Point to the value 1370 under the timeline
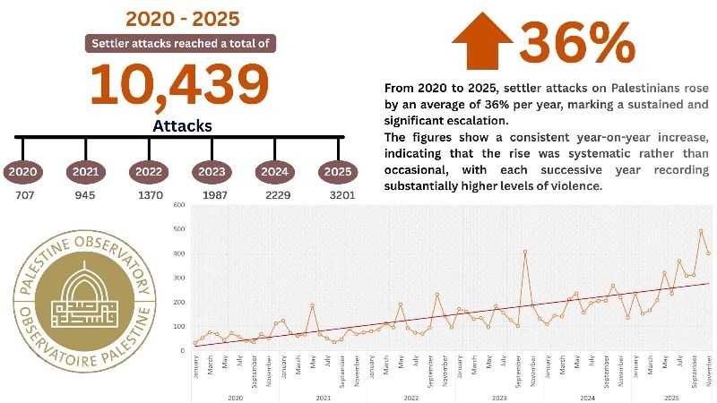coord(150,195)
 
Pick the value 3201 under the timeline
coord(340,195)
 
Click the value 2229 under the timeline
coord(276,195)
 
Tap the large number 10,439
coord(179,85)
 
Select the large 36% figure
coord(576,41)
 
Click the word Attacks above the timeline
coord(182,126)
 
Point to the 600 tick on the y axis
coord(179,206)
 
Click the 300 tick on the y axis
coord(179,278)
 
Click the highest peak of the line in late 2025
coord(701,231)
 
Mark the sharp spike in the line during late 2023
coord(525,251)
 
